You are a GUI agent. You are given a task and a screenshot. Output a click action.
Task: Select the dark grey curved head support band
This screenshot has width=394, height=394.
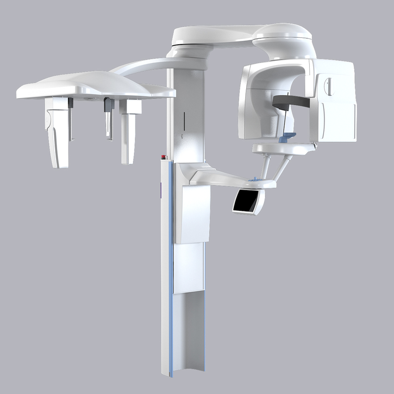pyautogui.click(x=290, y=101)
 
